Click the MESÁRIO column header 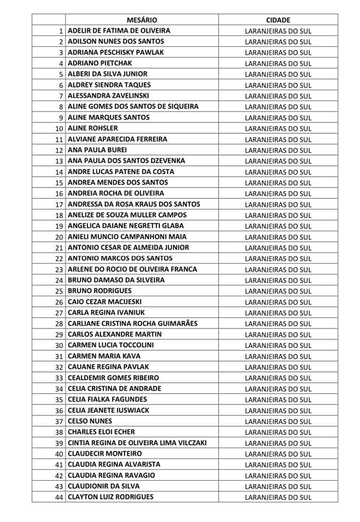coord(142,20)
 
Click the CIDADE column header coord(278,20)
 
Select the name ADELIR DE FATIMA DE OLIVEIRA coord(119,30)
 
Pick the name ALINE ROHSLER coord(93,128)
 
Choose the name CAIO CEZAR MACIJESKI coord(104,302)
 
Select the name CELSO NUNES coord(90,421)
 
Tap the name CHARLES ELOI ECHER coord(102,432)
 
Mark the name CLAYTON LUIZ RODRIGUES coord(110,497)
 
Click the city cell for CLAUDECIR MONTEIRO coord(278,453)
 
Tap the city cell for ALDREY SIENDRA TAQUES coord(278,85)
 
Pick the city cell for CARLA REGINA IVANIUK coord(278,313)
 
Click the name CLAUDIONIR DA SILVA coord(104,486)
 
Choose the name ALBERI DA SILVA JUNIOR coord(108,74)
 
